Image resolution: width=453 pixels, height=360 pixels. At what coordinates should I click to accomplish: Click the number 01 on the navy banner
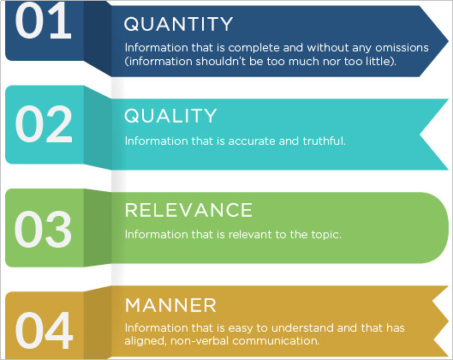[x=43, y=21]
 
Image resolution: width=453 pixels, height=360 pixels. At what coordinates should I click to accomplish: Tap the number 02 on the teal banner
[x=44, y=123]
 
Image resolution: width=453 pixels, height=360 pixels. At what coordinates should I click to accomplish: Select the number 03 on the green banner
[x=43, y=229]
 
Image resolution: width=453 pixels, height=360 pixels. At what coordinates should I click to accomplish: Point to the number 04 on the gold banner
[x=44, y=330]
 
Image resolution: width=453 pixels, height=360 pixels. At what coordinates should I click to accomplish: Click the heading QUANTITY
[x=178, y=24]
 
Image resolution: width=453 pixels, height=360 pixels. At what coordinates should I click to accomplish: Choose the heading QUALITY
[x=170, y=116]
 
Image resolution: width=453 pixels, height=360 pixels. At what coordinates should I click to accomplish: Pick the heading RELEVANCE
[x=188, y=210]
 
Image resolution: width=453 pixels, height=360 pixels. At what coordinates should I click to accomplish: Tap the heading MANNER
[x=170, y=305]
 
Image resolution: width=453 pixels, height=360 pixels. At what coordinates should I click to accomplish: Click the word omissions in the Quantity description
[x=402, y=48]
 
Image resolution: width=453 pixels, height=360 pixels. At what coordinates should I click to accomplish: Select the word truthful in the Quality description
[x=324, y=141]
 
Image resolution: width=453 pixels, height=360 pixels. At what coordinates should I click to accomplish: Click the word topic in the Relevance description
[x=326, y=235]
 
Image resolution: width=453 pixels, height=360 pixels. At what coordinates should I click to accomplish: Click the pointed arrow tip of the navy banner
[x=448, y=42]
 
